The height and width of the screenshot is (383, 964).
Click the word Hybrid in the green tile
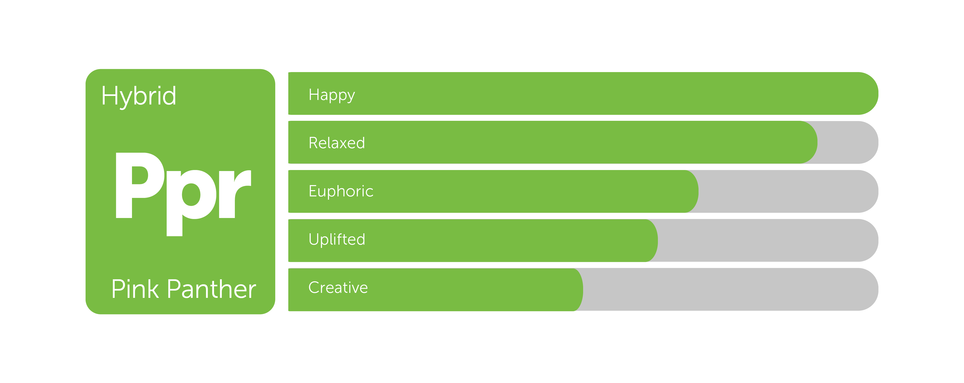[x=139, y=96]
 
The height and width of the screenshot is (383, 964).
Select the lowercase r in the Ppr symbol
[x=235, y=193]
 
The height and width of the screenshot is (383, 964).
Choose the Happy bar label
[x=331, y=95]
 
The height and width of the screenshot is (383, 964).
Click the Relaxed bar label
[x=336, y=143]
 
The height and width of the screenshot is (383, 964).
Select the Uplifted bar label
[x=337, y=239]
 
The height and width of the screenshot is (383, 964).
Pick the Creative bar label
[x=338, y=287]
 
